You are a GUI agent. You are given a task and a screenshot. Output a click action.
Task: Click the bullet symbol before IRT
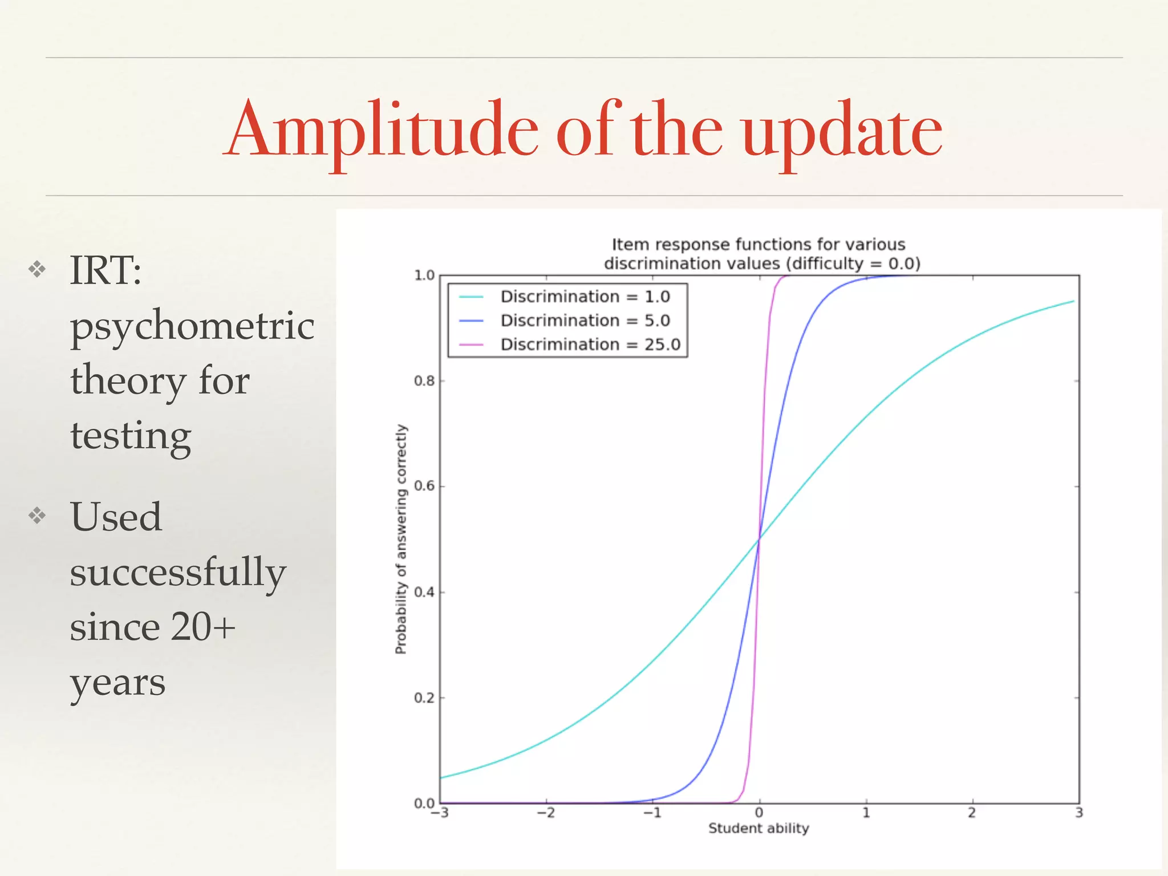(x=37, y=269)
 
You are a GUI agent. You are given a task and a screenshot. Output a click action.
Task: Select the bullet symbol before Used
(x=37, y=516)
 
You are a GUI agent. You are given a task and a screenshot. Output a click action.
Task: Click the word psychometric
(x=192, y=326)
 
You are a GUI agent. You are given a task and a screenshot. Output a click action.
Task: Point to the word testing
(x=131, y=436)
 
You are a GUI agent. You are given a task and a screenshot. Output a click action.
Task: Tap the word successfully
(x=177, y=571)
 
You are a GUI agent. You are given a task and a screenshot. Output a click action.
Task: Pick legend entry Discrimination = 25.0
(x=590, y=344)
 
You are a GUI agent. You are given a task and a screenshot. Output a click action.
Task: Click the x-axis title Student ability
(x=759, y=828)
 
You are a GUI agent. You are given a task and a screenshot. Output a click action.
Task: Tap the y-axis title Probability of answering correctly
(x=401, y=539)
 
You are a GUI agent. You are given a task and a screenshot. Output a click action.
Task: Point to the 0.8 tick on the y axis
(x=424, y=381)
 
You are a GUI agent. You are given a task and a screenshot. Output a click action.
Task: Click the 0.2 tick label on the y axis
(x=424, y=698)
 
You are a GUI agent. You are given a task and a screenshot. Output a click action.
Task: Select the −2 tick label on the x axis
(x=546, y=813)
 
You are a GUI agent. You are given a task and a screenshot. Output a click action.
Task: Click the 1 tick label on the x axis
(x=866, y=813)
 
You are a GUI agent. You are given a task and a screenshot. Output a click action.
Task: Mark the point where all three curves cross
(x=759, y=538)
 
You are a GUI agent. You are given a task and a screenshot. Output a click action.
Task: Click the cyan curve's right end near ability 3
(x=1073, y=301)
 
